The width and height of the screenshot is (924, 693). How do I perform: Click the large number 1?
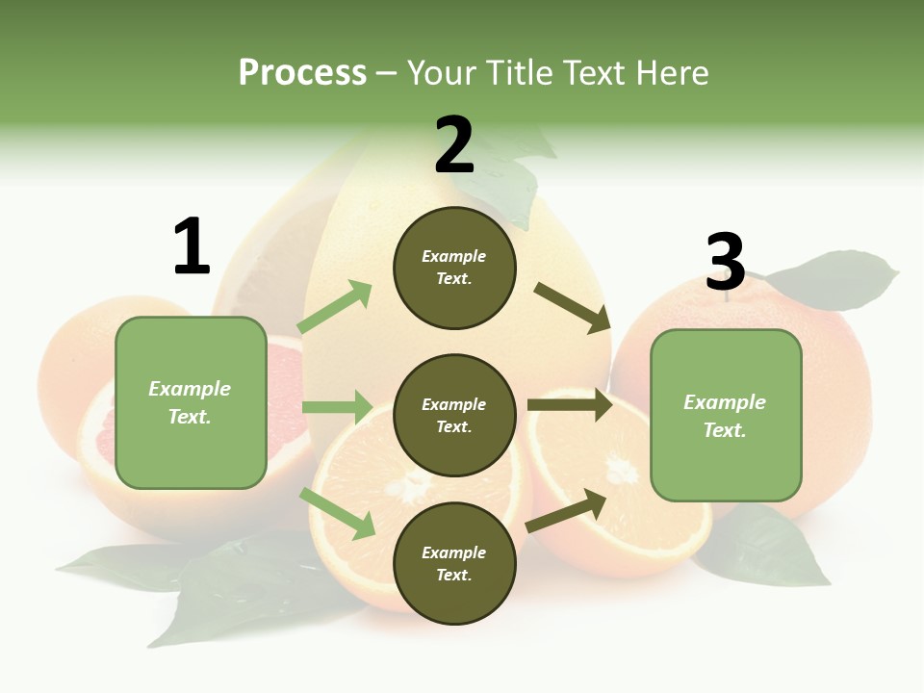point(192,247)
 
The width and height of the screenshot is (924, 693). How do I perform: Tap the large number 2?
point(454,145)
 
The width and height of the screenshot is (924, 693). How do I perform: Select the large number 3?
point(725,262)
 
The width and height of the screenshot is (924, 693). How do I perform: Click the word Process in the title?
point(302,72)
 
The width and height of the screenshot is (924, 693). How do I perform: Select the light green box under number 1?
point(191,402)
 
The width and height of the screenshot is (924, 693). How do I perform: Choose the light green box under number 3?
point(726,415)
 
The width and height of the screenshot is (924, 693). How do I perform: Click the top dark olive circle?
point(454,268)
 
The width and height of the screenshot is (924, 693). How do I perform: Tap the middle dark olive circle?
point(454,415)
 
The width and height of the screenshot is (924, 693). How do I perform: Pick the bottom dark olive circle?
point(454,563)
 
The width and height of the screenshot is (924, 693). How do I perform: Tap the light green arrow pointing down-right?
point(337,513)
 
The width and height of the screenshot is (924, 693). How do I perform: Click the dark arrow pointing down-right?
point(572,308)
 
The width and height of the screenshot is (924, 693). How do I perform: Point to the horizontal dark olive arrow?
point(569,404)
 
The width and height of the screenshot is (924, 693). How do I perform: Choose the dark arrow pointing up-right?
point(566,510)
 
